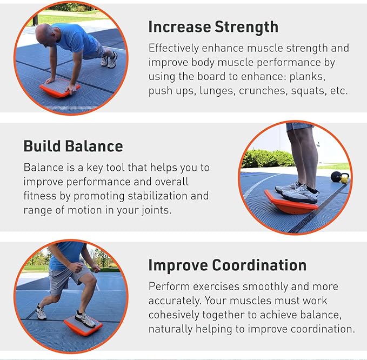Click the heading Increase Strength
click(x=213, y=27)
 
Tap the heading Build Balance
click(x=73, y=146)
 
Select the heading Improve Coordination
click(x=227, y=265)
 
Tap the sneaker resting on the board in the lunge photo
click(x=86, y=318)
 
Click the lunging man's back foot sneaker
click(x=41, y=312)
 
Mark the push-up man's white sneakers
click(x=109, y=60)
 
